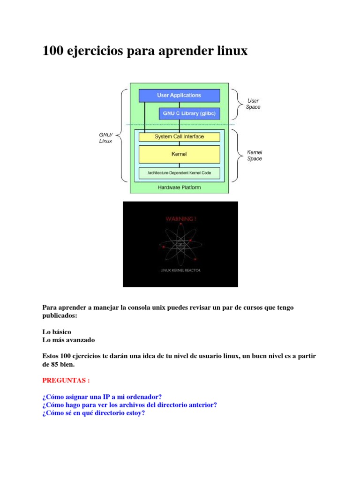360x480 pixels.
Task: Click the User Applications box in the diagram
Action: [x=179, y=95]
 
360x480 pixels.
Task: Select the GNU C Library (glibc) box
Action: [x=189, y=113]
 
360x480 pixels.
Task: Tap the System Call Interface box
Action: [x=179, y=137]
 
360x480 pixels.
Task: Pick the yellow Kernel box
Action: [x=179, y=154]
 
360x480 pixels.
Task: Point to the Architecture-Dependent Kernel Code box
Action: [x=179, y=173]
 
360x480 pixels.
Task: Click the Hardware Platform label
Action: [x=179, y=187]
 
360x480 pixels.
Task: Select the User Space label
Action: [x=253, y=104]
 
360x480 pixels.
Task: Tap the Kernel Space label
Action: [x=255, y=156]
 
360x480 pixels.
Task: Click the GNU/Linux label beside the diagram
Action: [x=105, y=138]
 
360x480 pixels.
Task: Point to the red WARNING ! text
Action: [x=180, y=218]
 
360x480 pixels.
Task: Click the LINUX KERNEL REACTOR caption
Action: [x=180, y=270]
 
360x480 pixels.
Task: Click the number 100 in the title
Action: [x=53, y=51]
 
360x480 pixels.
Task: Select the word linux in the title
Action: [x=229, y=51]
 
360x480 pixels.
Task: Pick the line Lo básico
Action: [x=57, y=331]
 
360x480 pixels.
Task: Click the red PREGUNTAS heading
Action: [x=66, y=380]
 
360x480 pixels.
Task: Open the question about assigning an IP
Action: [x=102, y=397]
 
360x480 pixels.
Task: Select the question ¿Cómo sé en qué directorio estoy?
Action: [x=94, y=413]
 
